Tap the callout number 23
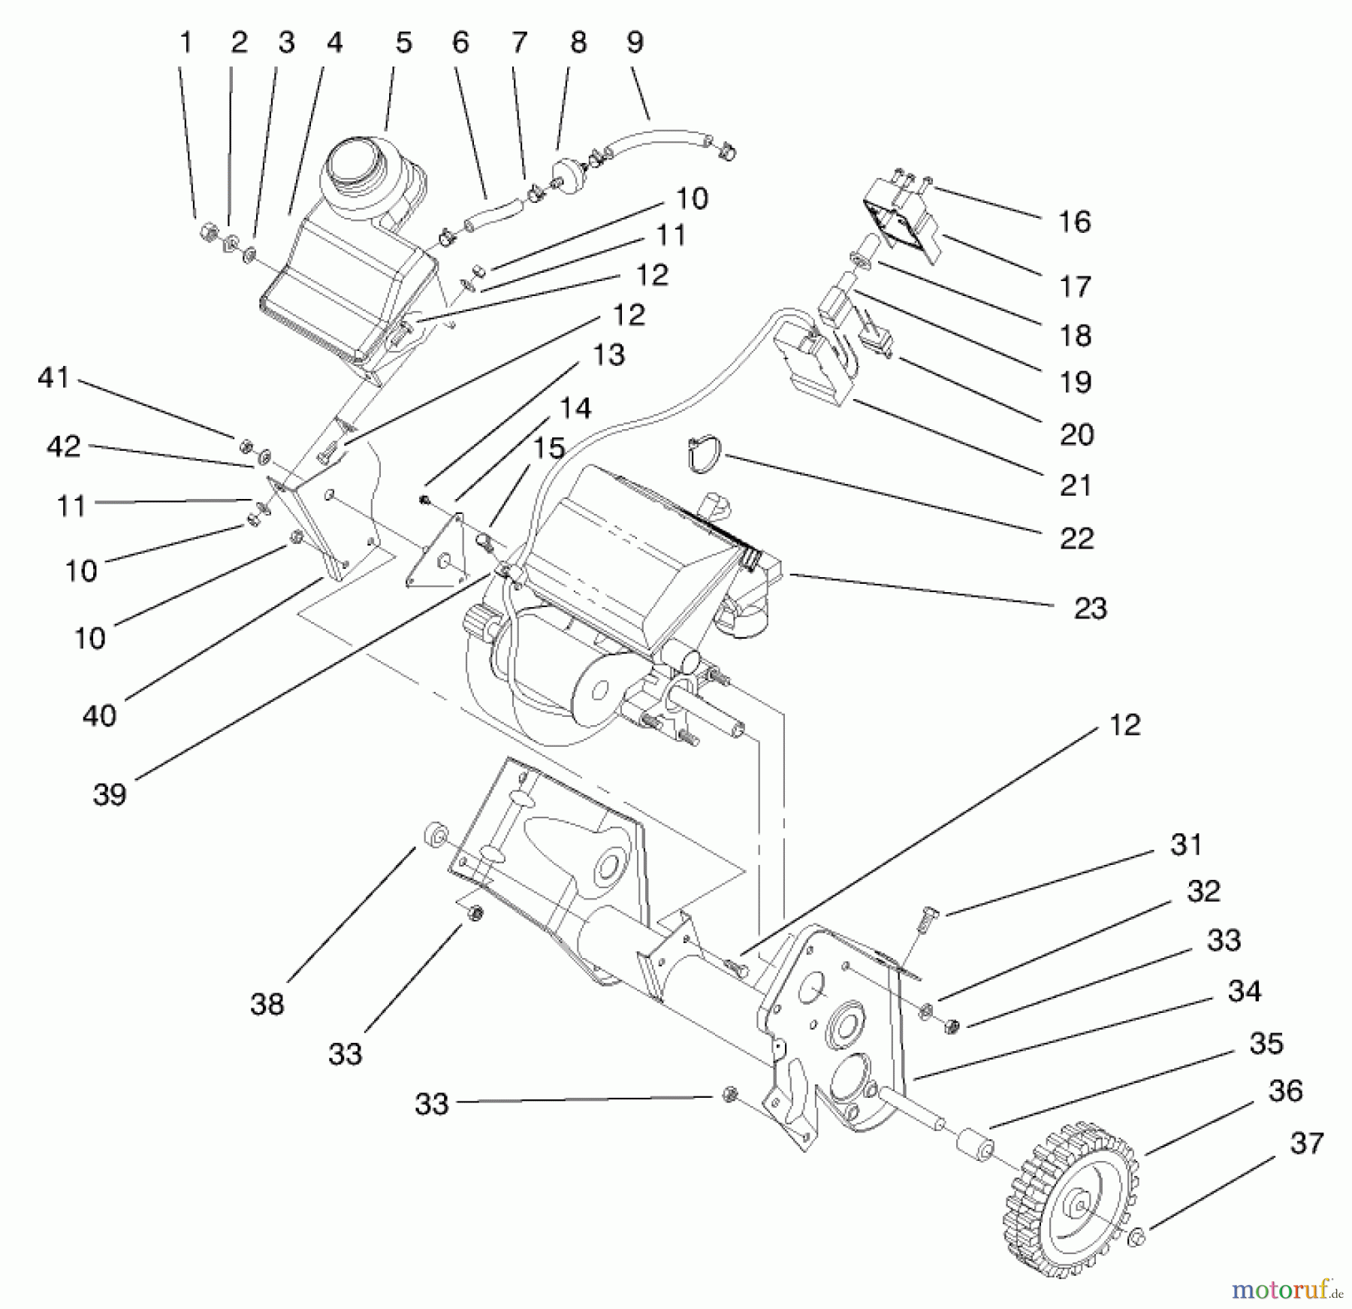tap(1090, 608)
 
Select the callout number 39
tap(110, 794)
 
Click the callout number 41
tap(53, 377)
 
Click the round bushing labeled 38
tap(436, 835)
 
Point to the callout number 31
tap(1186, 845)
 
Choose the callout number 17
tap(1075, 286)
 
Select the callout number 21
tap(1075, 485)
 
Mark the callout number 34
tap(1244, 992)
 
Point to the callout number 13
tap(608, 354)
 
